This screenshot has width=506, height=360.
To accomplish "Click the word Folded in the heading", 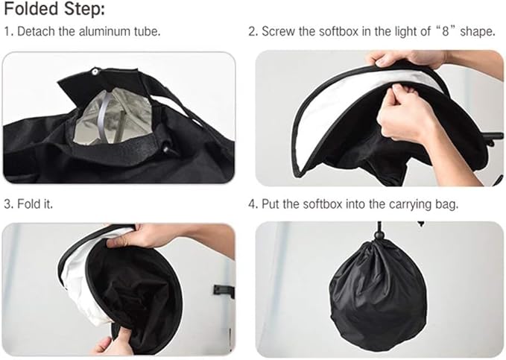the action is [x=31, y=8].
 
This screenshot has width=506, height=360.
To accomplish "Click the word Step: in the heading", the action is [x=84, y=9].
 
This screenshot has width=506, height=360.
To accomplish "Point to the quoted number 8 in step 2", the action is [x=446, y=31].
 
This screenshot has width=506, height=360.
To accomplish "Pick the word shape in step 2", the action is [x=477, y=32].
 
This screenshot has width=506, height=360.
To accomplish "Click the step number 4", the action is [x=252, y=204].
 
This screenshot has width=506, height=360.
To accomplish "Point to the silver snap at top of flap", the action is [x=95, y=72].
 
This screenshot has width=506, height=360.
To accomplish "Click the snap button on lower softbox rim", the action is [x=166, y=149].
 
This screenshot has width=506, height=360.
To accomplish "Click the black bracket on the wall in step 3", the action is [x=223, y=290].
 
